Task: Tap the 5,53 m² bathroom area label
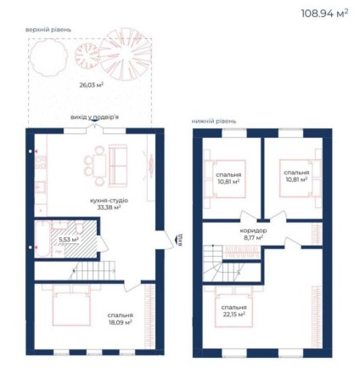click(69, 240)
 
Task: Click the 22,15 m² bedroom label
click(233, 310)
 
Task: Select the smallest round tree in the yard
click(86, 56)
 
